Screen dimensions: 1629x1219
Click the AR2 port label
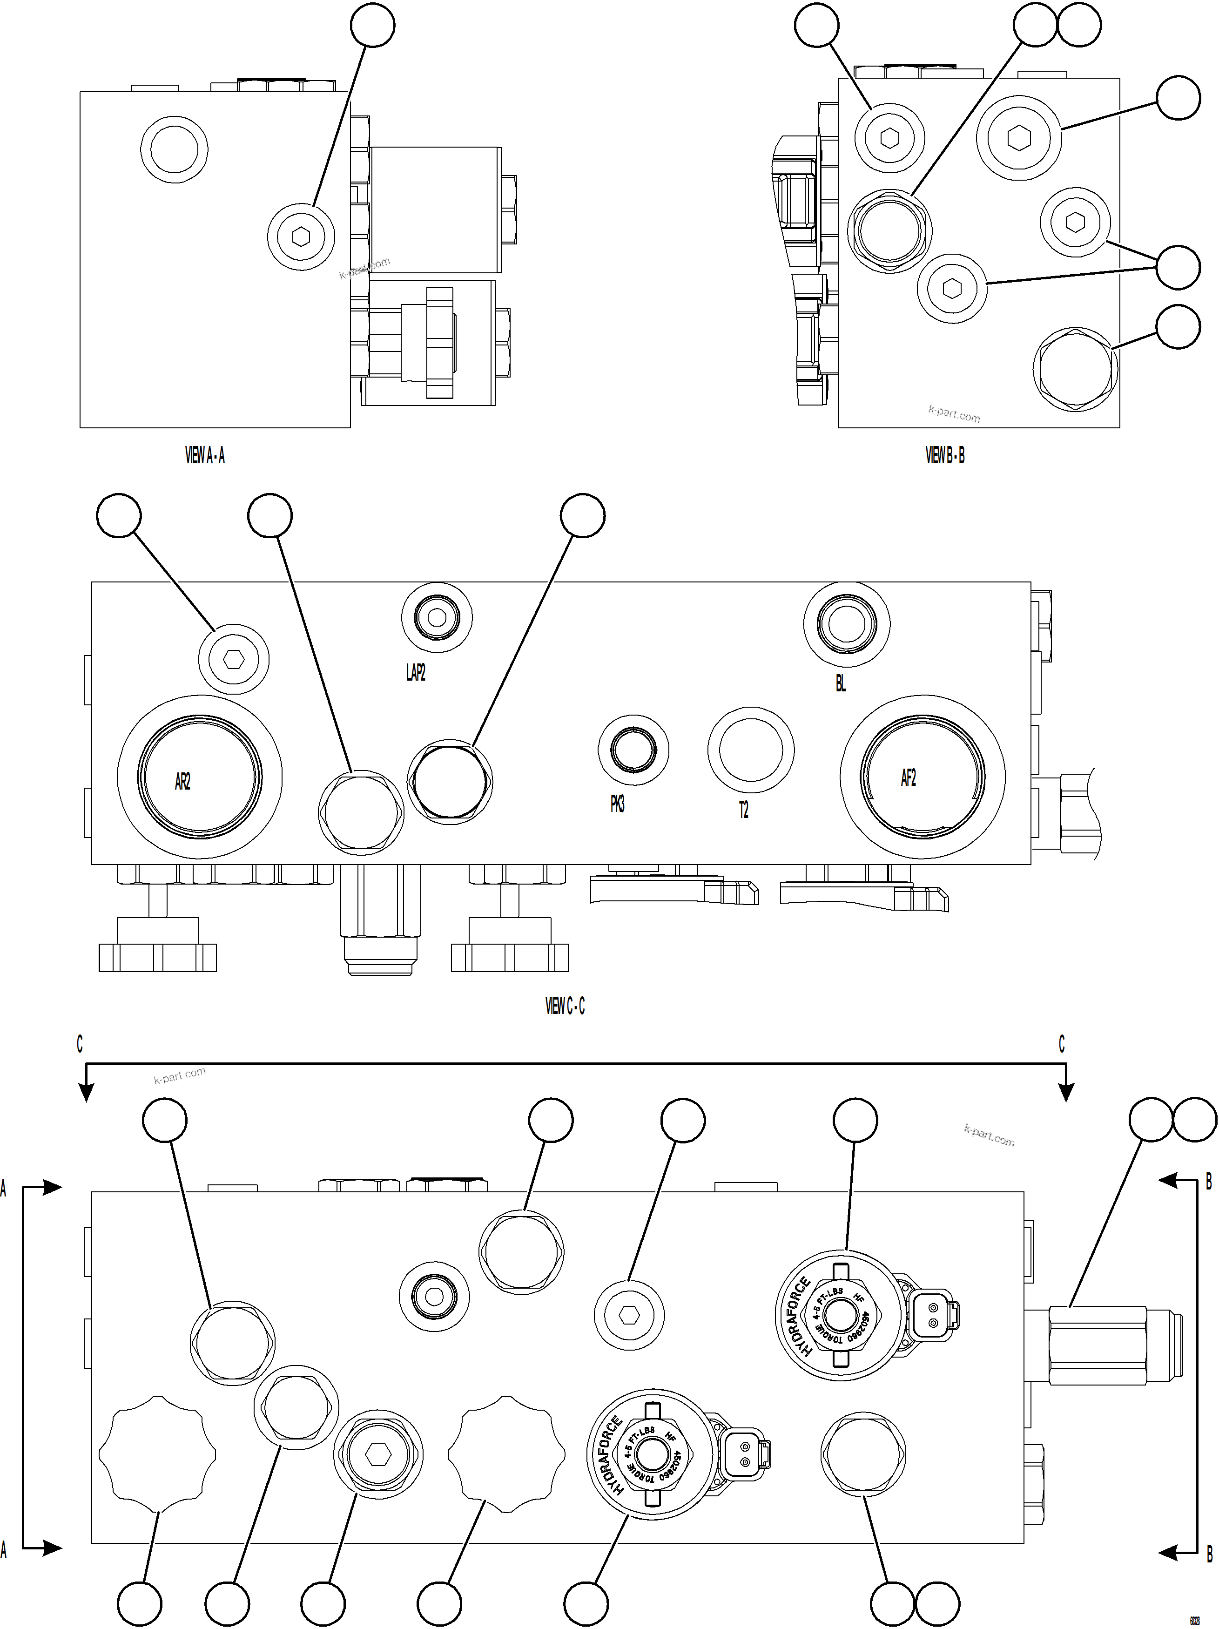[182, 781]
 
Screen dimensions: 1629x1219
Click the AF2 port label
[909, 777]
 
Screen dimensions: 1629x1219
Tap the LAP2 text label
[416, 672]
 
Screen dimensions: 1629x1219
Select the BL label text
[841, 683]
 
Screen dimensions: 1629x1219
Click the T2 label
[743, 810]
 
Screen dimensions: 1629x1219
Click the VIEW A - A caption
[205, 456]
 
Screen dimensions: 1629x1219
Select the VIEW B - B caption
[945, 456]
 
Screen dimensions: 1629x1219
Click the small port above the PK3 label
[633, 750]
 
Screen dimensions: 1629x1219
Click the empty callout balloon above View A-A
[372, 25]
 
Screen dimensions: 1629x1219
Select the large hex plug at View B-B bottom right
[1075, 368]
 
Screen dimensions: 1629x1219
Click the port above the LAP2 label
[437, 617]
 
